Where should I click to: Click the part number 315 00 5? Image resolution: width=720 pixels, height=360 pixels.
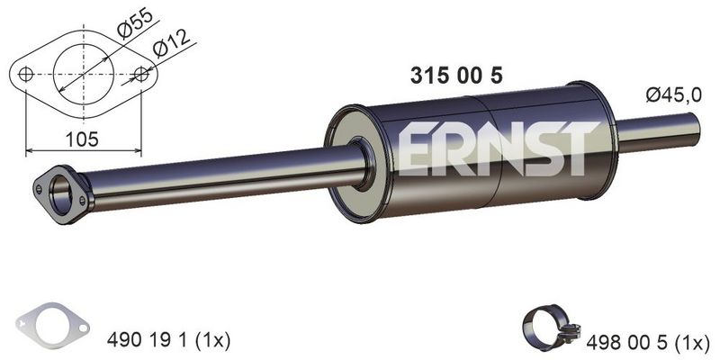[x=456, y=76]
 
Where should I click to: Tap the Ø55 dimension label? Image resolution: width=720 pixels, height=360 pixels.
[x=134, y=23]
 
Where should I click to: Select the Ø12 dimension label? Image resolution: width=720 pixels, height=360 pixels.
[x=171, y=44]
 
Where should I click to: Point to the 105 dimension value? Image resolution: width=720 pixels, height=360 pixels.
[x=82, y=139]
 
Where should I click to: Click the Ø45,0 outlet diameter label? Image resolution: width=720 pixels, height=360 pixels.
[x=673, y=95]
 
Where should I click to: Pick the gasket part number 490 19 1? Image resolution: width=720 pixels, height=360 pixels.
[x=147, y=340]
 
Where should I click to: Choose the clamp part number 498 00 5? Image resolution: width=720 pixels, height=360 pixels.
[x=626, y=342]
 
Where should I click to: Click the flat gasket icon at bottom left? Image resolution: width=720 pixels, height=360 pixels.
[x=52, y=326]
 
